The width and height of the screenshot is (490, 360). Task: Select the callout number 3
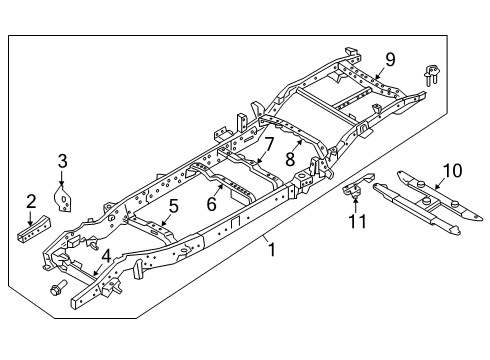click(62, 160)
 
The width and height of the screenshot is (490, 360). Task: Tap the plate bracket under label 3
click(66, 197)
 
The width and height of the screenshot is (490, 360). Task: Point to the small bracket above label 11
click(353, 190)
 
